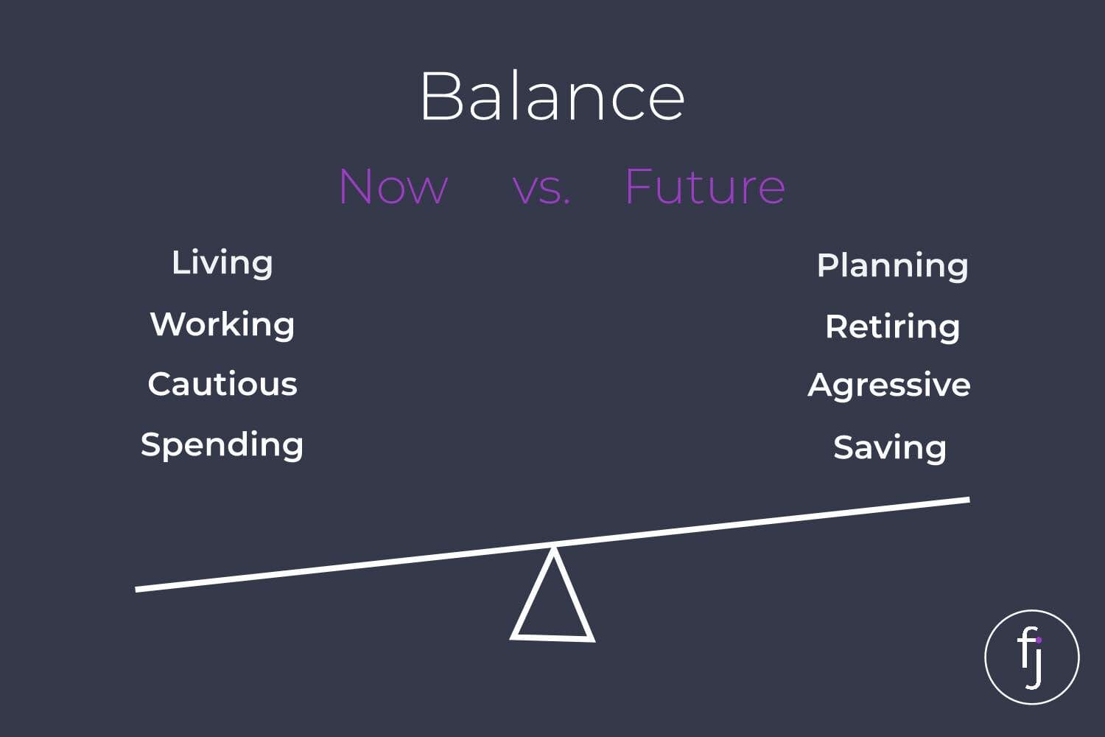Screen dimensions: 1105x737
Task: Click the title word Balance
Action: [x=552, y=95]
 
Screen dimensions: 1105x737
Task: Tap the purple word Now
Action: [x=393, y=186]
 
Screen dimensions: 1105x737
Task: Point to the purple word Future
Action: [x=705, y=186]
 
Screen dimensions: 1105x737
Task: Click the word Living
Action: [x=222, y=264]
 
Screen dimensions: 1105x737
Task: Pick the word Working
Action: [x=222, y=325]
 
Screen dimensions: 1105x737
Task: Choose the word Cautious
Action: [x=222, y=384]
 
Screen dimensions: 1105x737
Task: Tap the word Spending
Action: [x=222, y=445]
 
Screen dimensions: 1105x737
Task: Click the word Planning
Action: [x=892, y=267]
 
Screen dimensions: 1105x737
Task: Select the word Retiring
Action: [x=892, y=328]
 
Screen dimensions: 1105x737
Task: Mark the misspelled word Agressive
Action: [x=889, y=386]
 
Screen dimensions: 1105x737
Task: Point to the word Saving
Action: [x=890, y=448]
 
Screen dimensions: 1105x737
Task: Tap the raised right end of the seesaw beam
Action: [x=969, y=500]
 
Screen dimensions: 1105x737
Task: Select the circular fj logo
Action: [x=1032, y=657]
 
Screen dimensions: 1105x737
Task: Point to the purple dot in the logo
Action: [x=1039, y=640]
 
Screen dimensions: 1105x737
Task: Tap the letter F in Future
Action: [x=640, y=186]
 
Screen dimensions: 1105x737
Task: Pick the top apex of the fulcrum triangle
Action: [x=553, y=548]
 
